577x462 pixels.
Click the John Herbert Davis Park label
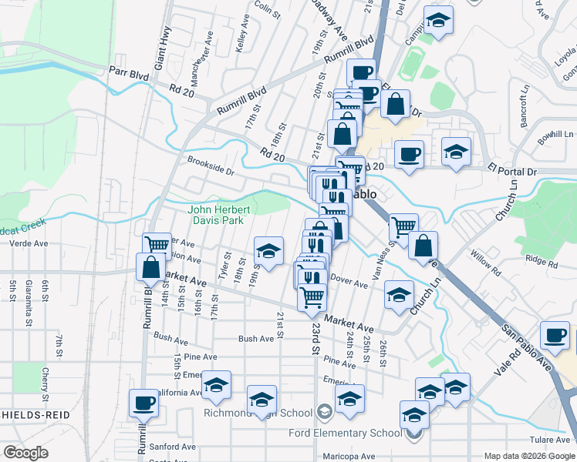tap(217, 215)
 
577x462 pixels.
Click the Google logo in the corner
tap(25, 453)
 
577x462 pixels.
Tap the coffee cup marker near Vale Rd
tap(555, 334)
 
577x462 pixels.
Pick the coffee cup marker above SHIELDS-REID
tap(144, 402)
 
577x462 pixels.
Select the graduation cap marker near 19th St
tap(268, 251)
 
